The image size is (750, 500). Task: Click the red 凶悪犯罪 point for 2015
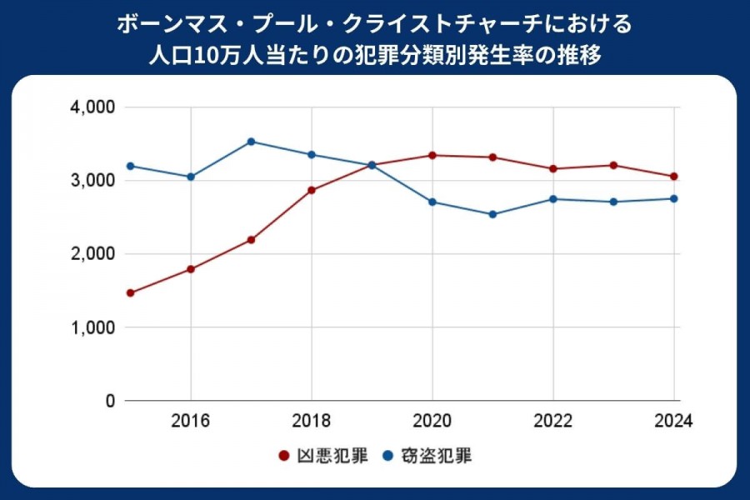tap(131, 292)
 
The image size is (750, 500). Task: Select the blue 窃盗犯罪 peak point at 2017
tap(252, 142)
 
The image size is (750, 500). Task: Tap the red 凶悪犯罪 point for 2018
tap(312, 190)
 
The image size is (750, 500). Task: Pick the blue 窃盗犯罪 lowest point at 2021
tap(492, 214)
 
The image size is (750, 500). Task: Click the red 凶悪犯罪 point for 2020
tap(432, 155)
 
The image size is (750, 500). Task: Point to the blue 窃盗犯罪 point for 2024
tap(673, 198)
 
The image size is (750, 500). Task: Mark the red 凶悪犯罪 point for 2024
tap(673, 177)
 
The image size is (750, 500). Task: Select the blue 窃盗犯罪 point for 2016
tap(191, 177)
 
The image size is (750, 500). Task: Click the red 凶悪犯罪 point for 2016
tap(191, 269)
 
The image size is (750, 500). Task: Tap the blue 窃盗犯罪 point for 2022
tap(552, 199)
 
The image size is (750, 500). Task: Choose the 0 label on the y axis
tap(108, 401)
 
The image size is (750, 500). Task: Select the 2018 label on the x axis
tap(312, 421)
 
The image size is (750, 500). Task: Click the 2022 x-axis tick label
tap(552, 421)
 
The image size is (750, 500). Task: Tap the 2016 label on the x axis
tap(191, 421)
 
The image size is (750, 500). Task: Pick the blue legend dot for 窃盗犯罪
tap(387, 456)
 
